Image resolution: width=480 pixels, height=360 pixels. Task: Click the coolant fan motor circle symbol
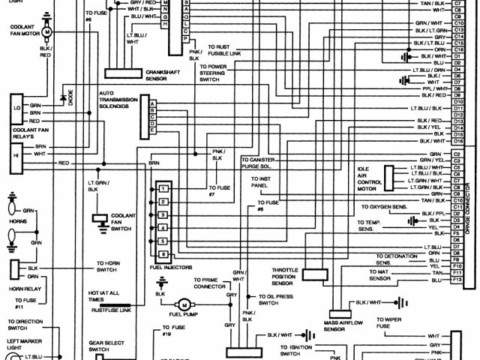pyautogui.click(x=47, y=33)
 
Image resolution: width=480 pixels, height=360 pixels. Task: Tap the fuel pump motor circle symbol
pyautogui.click(x=183, y=304)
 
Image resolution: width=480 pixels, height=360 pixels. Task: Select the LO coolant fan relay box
pyautogui.click(x=15, y=107)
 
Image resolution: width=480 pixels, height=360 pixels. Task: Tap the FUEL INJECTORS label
pyautogui.click(x=170, y=268)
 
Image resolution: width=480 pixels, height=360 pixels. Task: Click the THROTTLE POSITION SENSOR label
pyautogui.click(x=285, y=275)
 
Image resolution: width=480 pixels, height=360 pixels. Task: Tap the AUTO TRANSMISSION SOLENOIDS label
pyautogui.click(x=120, y=102)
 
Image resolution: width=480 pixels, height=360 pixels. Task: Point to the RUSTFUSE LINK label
pyautogui.click(x=111, y=309)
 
